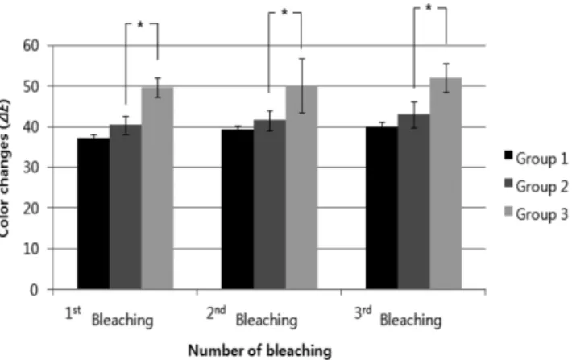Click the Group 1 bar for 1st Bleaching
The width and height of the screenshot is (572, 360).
click(93, 213)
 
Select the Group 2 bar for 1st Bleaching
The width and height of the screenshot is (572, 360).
click(126, 207)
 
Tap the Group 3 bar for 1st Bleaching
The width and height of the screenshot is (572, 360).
click(158, 188)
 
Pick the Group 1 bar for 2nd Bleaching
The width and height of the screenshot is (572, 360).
click(238, 209)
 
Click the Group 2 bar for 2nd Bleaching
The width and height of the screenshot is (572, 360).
click(270, 205)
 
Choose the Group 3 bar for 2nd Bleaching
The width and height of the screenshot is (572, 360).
click(301, 188)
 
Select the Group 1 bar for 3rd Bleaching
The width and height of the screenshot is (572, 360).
click(382, 209)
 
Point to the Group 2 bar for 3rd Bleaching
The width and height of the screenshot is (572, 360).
click(413, 202)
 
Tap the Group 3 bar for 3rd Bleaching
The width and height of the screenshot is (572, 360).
click(446, 184)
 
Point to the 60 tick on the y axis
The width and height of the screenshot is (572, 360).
click(31, 46)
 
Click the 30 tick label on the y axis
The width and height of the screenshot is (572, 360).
click(31, 168)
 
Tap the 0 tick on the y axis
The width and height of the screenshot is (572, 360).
click(34, 290)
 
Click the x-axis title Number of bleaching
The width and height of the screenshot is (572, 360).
click(259, 351)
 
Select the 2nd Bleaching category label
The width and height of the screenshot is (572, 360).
click(251, 317)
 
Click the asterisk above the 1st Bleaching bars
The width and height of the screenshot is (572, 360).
click(140, 25)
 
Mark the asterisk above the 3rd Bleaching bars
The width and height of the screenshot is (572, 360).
click(429, 8)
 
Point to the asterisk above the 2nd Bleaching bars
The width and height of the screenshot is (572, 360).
click(284, 13)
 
